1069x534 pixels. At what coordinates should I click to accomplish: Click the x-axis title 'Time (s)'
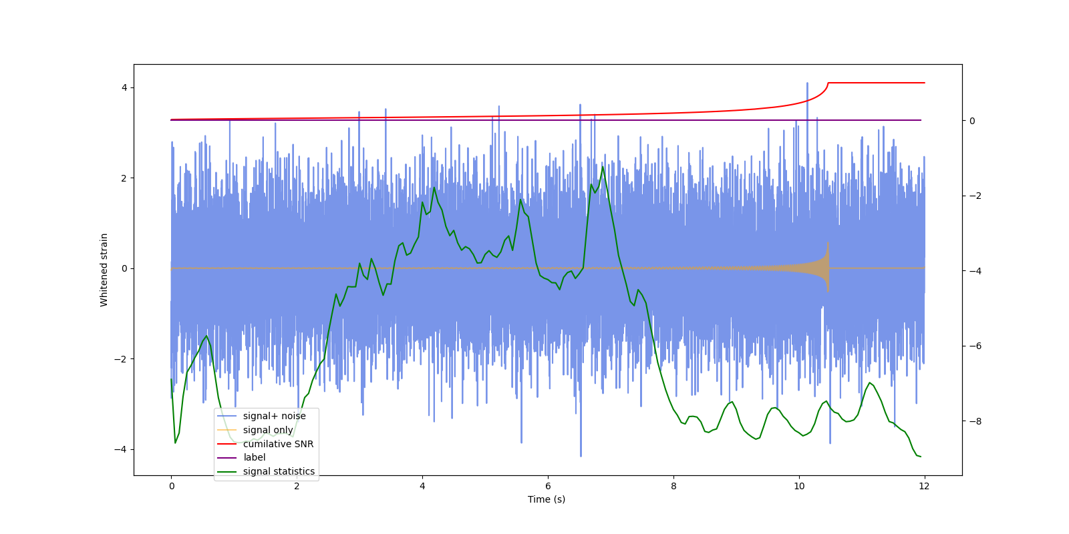[547, 499]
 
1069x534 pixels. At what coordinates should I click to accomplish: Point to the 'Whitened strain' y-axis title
[104, 270]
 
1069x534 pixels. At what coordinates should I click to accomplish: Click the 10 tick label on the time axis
[799, 486]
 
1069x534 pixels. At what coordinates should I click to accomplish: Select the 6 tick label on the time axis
[548, 486]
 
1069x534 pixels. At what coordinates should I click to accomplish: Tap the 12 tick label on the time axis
[924, 486]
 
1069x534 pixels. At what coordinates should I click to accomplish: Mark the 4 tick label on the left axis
[124, 88]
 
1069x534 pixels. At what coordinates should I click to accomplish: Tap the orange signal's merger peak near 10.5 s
[828, 244]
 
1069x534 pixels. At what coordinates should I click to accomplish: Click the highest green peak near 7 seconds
[603, 167]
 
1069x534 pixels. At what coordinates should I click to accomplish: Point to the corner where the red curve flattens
[828, 83]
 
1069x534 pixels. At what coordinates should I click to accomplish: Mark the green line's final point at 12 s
[921, 457]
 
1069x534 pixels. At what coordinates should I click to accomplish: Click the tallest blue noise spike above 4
[807, 83]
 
